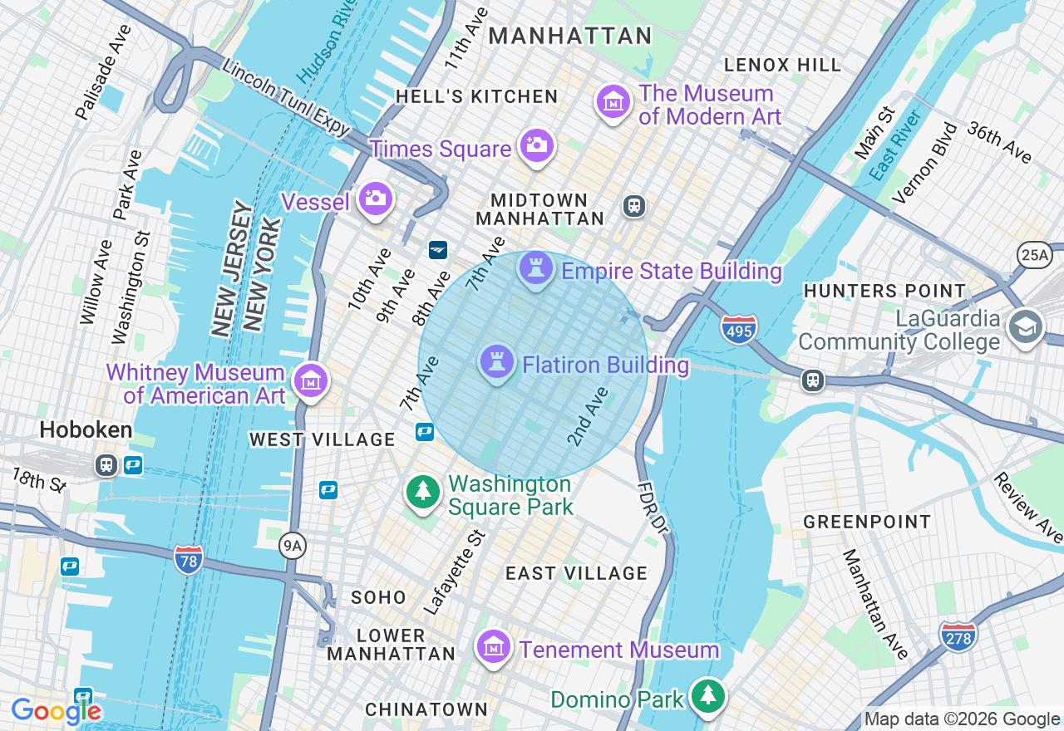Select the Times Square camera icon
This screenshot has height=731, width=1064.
pyautogui.click(x=536, y=146)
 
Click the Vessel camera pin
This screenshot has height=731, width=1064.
pyautogui.click(x=375, y=199)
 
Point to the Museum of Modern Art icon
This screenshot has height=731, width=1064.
pyautogui.click(x=613, y=102)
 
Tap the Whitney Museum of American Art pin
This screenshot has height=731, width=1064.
pyautogui.click(x=311, y=381)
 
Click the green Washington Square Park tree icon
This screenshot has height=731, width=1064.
pyautogui.click(x=423, y=492)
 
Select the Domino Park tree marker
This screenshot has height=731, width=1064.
pyautogui.click(x=708, y=696)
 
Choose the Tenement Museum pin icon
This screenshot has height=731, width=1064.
pyautogui.click(x=494, y=646)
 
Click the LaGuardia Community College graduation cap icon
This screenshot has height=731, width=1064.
pyautogui.click(x=1026, y=327)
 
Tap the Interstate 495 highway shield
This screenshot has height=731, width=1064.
pyautogui.click(x=739, y=329)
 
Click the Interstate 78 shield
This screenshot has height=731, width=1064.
pyautogui.click(x=190, y=558)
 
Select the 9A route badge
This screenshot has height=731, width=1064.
pyautogui.click(x=292, y=546)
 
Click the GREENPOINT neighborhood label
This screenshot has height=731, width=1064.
pyautogui.click(x=867, y=522)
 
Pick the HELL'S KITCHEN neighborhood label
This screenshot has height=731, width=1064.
pyautogui.click(x=476, y=96)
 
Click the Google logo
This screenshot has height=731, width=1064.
pyautogui.click(x=56, y=710)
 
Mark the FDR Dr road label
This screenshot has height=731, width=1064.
pyautogui.click(x=653, y=507)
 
